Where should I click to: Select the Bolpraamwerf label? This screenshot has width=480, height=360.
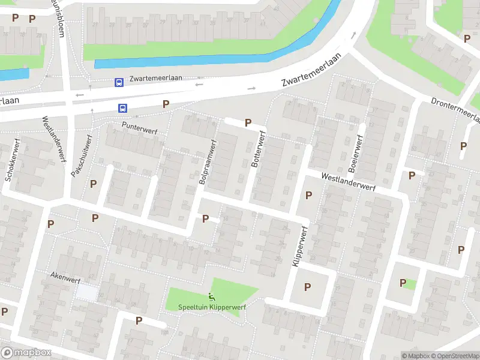207,162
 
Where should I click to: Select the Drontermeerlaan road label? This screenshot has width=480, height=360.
456,108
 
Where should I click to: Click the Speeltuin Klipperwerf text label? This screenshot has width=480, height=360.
212,307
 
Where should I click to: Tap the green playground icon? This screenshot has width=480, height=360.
211,296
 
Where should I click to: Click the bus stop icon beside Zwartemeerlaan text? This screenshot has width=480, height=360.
119,82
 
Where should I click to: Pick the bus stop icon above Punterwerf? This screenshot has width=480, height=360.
122,108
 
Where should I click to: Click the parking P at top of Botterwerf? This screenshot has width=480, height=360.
248,122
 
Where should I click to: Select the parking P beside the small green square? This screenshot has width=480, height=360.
403,283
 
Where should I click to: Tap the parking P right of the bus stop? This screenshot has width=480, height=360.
166,104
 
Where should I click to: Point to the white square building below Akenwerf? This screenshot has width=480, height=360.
86,293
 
